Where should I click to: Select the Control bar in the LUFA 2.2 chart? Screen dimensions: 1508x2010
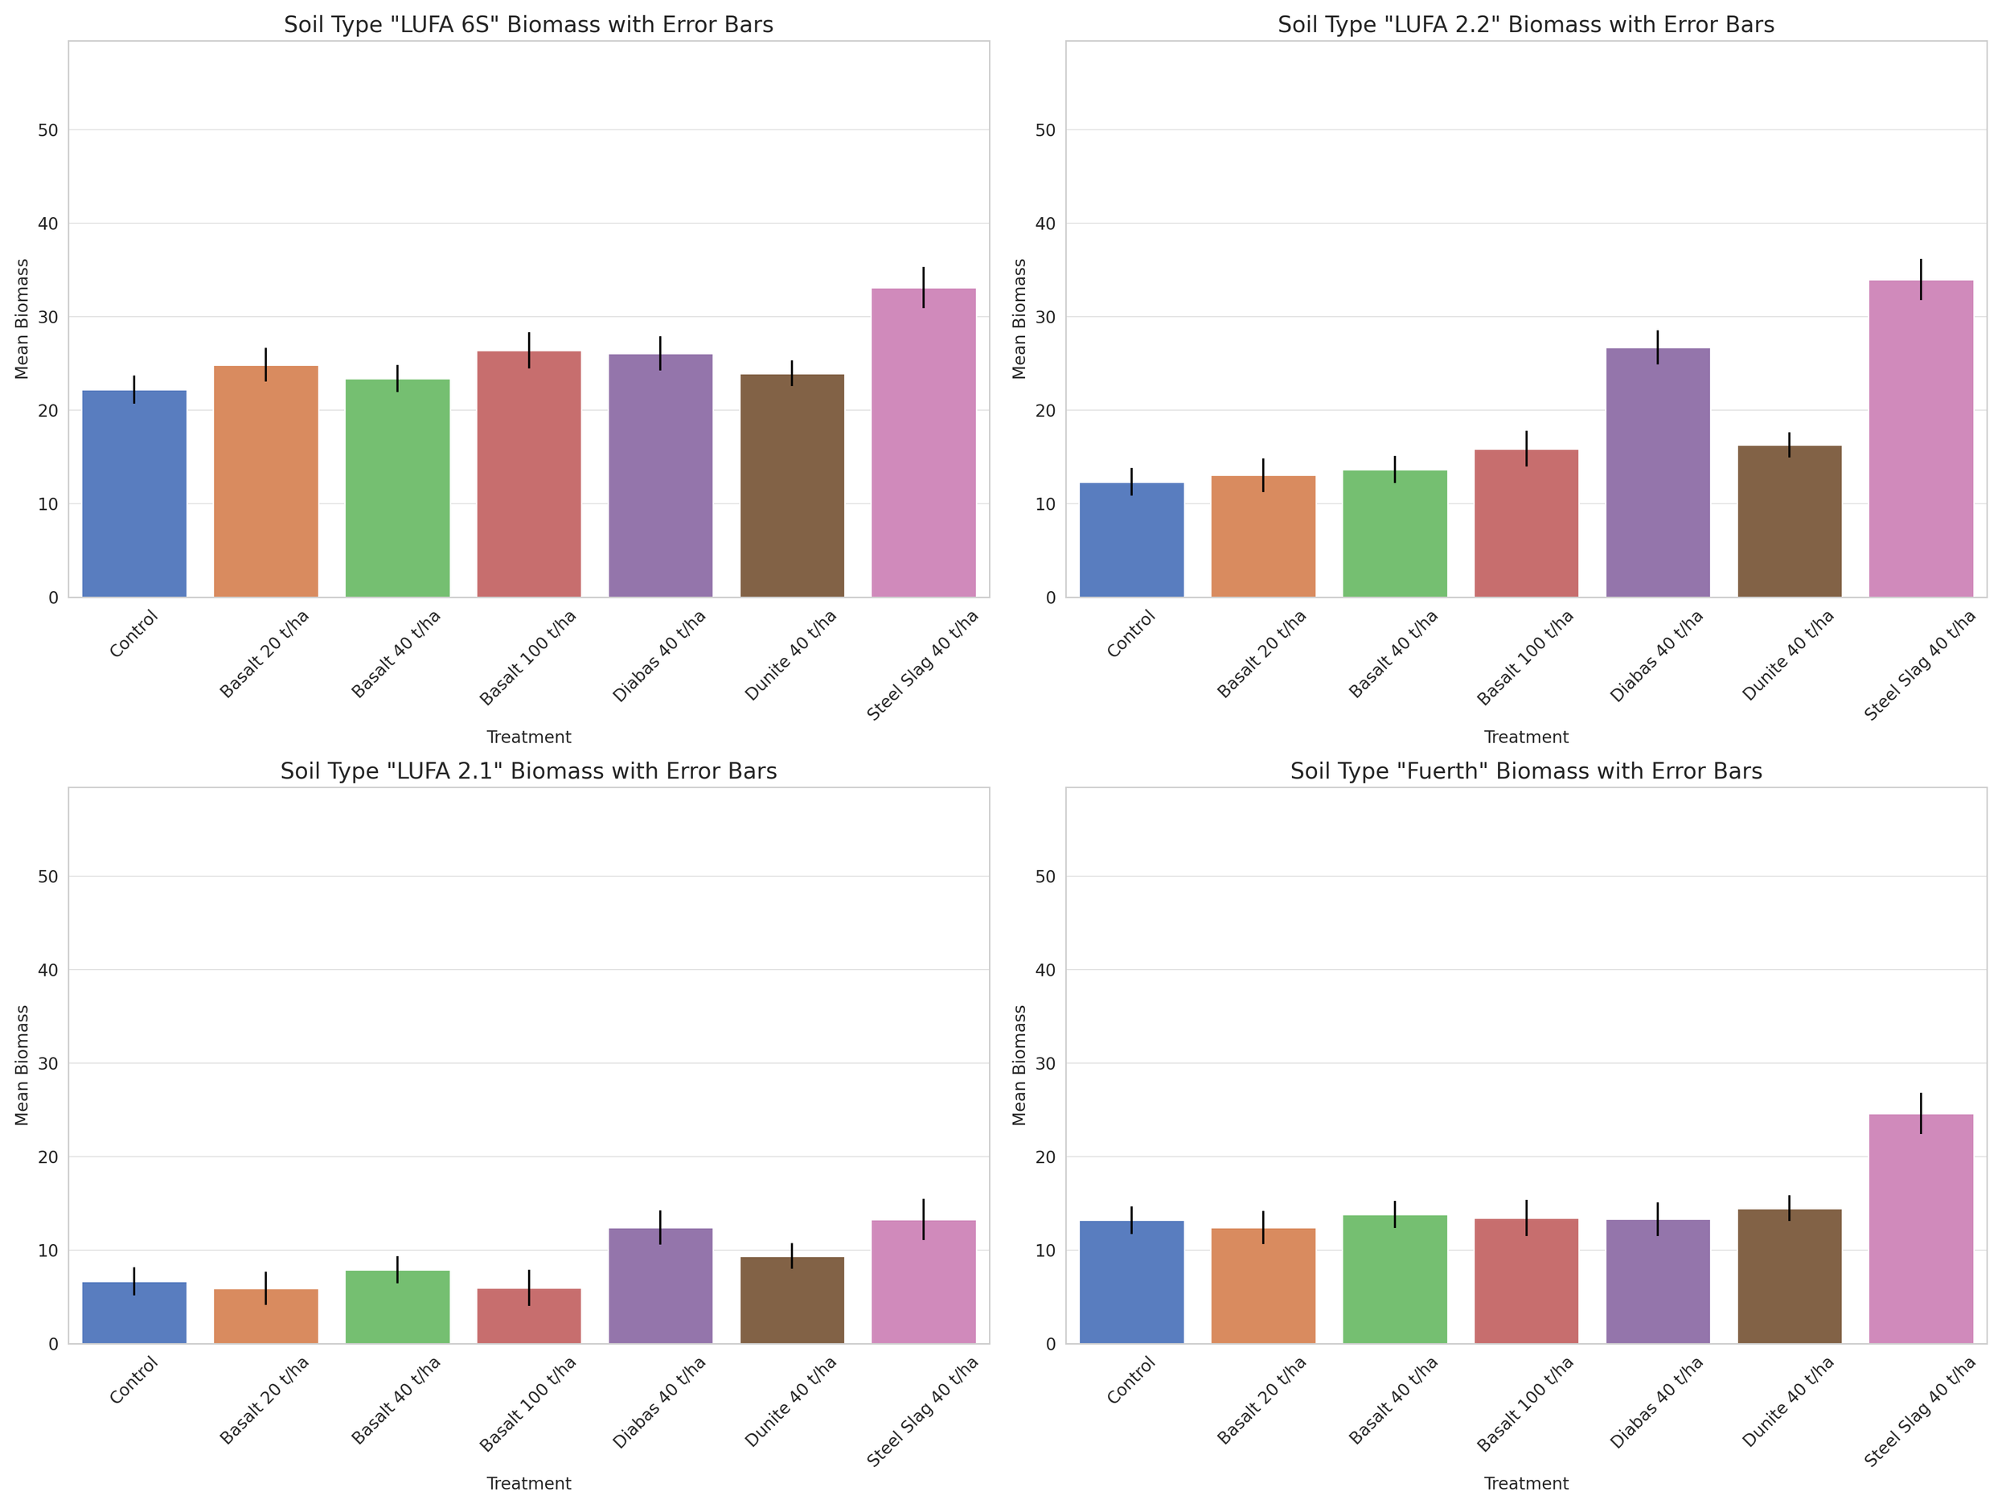1131,540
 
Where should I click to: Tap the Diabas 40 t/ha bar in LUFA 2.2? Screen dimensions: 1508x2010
1657,473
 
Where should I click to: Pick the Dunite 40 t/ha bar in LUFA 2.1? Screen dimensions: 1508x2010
791,1300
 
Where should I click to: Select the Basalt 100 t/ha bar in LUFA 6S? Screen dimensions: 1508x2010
529,474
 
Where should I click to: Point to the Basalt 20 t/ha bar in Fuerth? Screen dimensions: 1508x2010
1263,1285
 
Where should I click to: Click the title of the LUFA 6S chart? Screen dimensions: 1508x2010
528,25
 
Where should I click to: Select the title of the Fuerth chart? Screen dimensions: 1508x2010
1526,770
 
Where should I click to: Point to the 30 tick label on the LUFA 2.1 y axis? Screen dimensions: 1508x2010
47,1063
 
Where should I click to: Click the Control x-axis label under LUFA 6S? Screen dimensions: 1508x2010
134,634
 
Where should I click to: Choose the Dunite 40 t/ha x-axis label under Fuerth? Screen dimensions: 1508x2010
1786,1401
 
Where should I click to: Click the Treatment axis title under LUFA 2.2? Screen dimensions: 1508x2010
1526,738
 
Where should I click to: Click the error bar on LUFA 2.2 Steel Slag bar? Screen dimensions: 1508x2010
1921,279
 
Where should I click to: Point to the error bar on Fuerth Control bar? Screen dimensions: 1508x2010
1131,1220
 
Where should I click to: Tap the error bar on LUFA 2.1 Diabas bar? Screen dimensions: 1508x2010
661,1227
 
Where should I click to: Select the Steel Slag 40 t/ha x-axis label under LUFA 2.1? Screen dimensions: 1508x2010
922,1411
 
